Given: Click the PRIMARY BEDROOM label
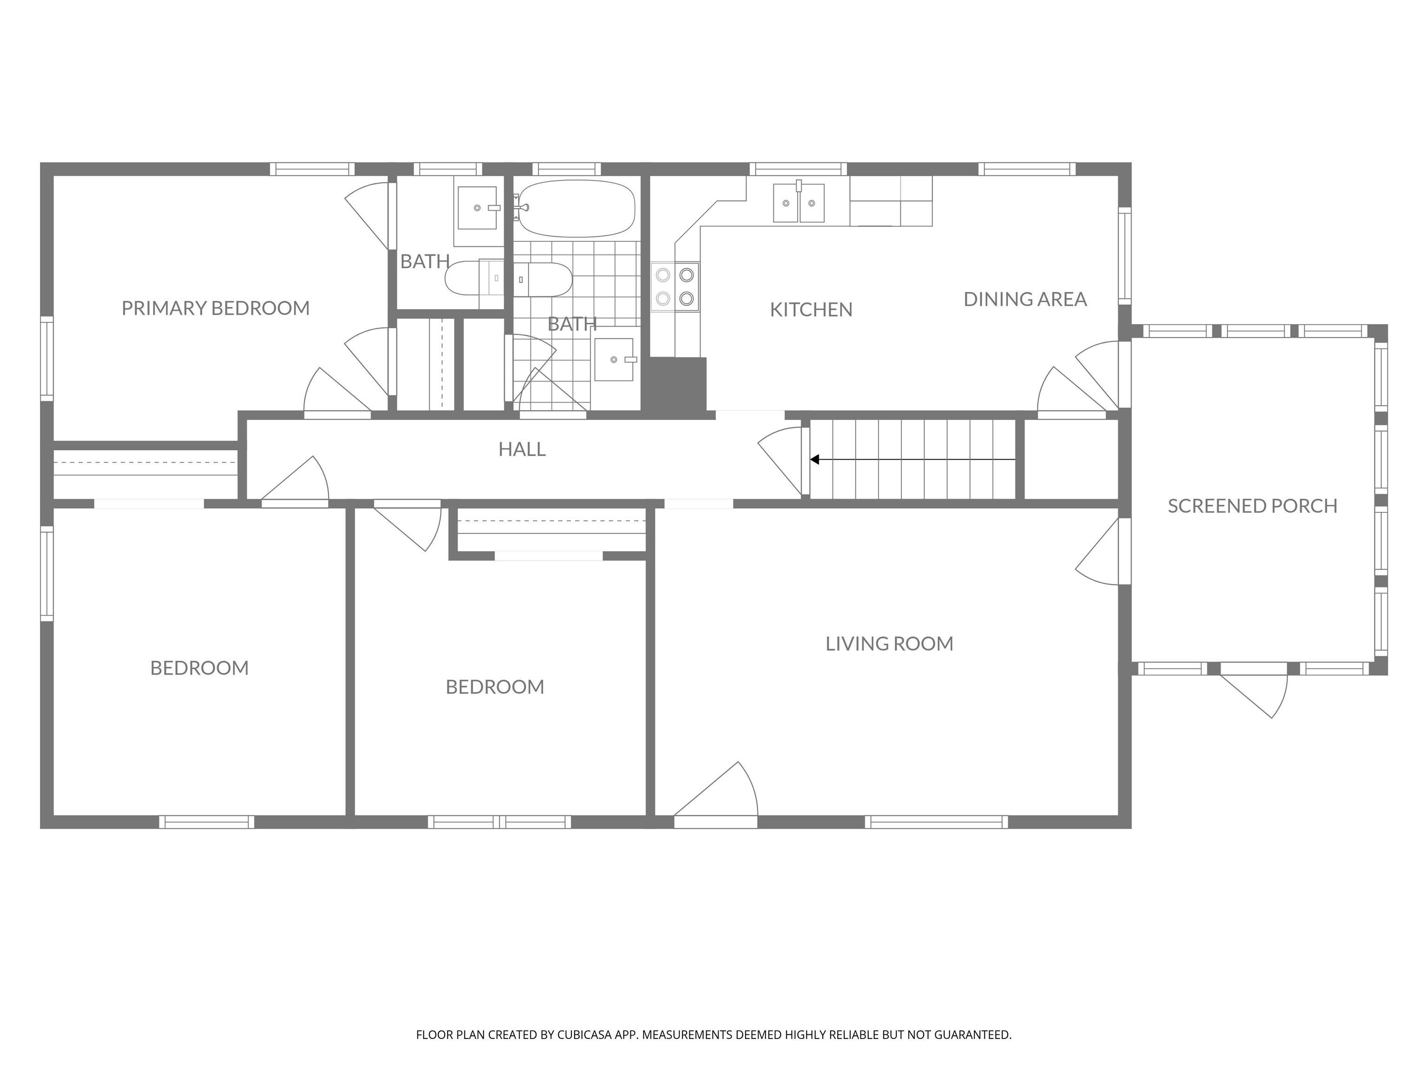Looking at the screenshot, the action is point(216,308).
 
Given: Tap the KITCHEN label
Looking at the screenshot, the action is point(811,310).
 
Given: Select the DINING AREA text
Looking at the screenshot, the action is point(1025,299).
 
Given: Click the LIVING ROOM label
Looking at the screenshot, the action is point(889,644).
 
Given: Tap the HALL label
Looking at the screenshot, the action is point(522,450).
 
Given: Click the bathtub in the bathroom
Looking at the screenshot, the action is point(576,209).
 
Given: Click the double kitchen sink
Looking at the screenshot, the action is point(799,202).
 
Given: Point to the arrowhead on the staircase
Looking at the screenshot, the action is point(815,460).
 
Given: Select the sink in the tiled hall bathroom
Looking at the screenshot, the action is point(614,359).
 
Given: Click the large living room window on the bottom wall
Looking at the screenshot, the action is point(936,822).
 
